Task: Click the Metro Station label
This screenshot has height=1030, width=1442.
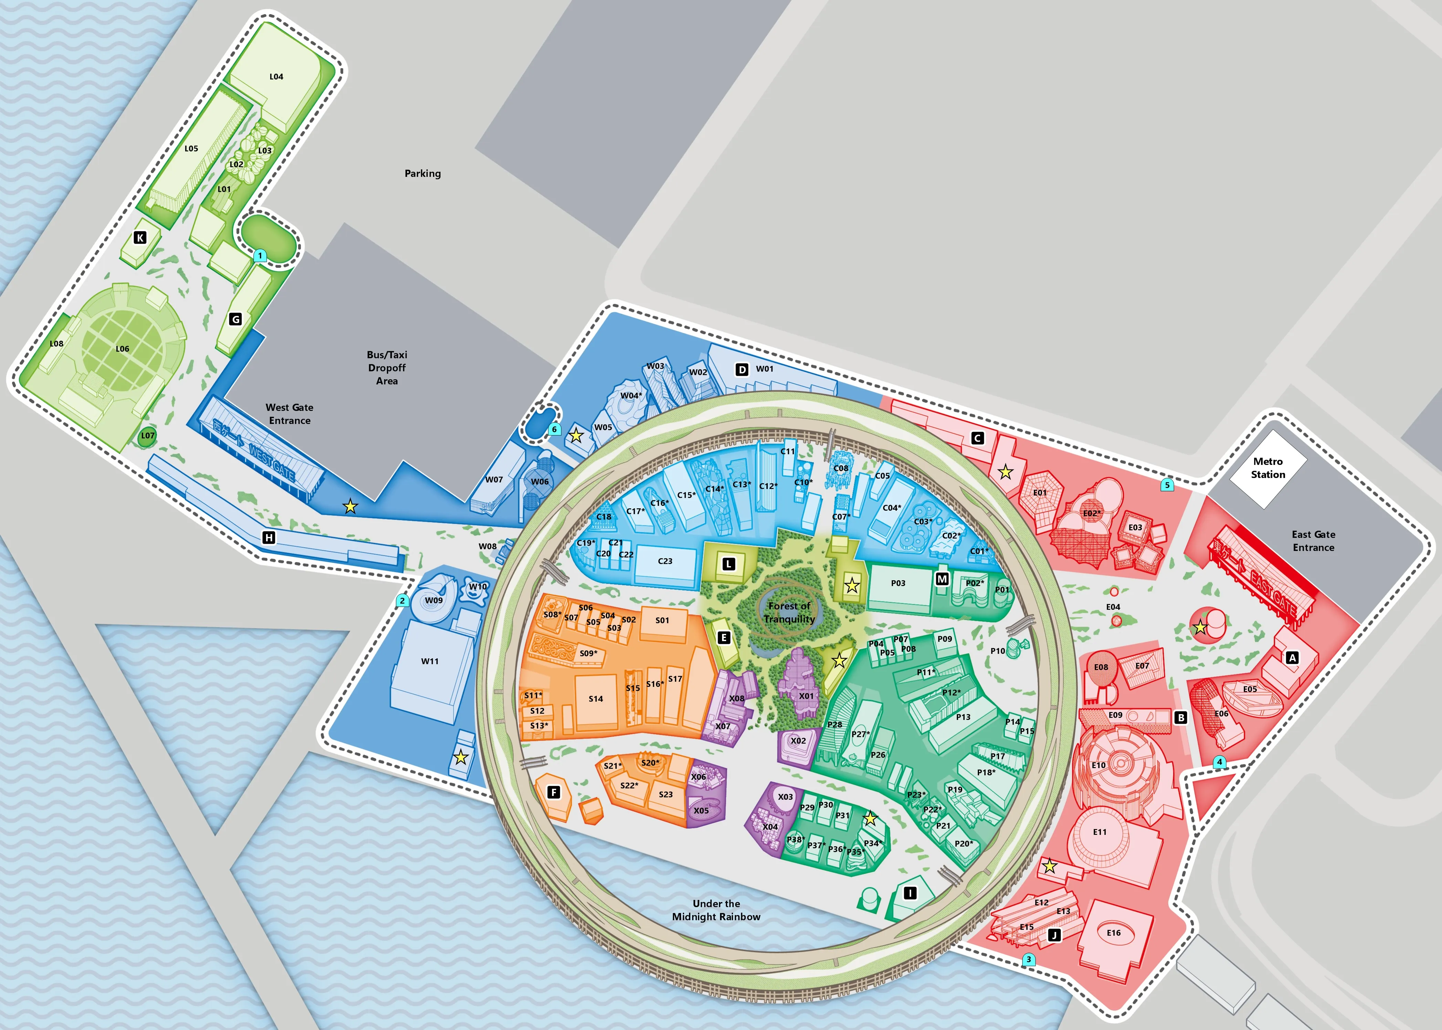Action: point(1268,468)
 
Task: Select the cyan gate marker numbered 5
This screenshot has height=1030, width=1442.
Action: point(1167,485)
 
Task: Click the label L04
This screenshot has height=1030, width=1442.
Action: point(276,77)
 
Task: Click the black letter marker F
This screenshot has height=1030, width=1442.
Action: point(554,792)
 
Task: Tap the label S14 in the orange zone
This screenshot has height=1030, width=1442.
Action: point(595,699)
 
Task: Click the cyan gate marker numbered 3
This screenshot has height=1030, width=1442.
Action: point(1029,959)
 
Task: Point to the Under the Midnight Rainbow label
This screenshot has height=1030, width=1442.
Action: point(716,910)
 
